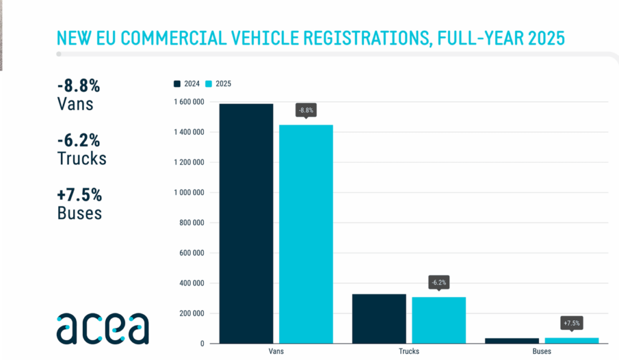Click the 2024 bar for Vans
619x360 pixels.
tap(246, 223)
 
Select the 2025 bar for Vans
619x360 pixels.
tap(306, 234)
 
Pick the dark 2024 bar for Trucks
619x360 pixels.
tap(379, 318)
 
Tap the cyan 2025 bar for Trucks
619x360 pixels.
tap(439, 320)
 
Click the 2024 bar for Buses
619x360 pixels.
tap(512, 341)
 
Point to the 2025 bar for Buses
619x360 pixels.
tap(572, 341)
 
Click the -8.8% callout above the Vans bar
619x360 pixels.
tap(306, 111)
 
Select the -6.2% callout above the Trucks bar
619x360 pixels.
tap(439, 282)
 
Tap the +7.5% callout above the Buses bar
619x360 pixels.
tap(572, 323)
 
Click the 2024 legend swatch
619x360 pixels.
tap(178, 84)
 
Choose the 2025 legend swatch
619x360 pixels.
tap(210, 84)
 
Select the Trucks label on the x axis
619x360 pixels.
tap(409, 352)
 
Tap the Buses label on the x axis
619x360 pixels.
tap(542, 352)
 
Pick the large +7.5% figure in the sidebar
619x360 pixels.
tap(79, 196)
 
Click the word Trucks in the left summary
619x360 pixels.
tap(82, 158)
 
